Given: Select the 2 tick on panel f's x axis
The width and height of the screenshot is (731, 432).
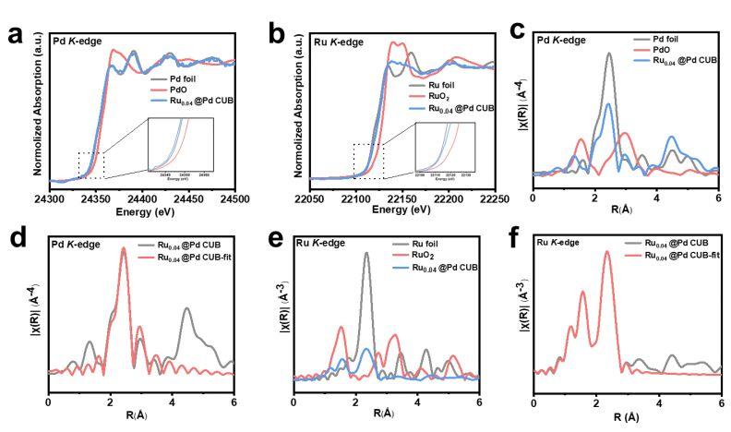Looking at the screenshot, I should (599, 405).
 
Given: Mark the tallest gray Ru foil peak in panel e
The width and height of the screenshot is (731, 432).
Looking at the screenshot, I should (366, 253).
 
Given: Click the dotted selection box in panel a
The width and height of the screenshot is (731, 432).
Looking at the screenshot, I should (91, 164).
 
